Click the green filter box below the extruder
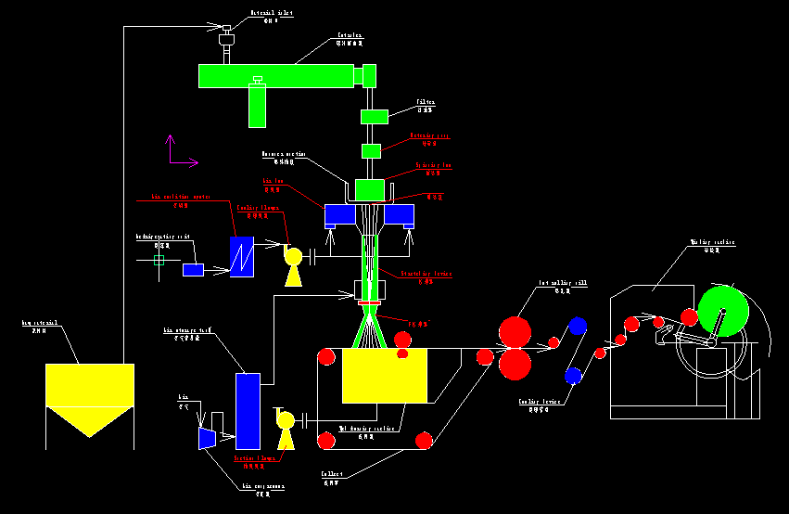coord(374,116)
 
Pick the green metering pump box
coord(371,150)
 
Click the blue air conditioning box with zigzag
coord(242,256)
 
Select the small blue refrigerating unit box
coord(193,270)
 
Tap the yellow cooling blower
coord(293,257)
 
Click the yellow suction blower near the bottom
coord(286,422)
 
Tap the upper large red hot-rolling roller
coord(515,331)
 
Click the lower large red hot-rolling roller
coord(515,364)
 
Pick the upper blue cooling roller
coord(578,326)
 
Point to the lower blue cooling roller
coord(573,376)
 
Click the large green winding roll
coord(723,311)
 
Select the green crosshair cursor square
coord(159,261)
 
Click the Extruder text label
coord(349,36)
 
